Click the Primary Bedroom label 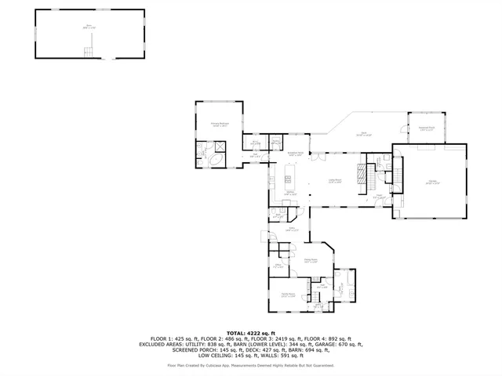pos(219,124)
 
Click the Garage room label pos(433,183)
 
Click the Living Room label pos(334,181)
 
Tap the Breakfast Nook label pos(296,154)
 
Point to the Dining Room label pos(311,260)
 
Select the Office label pos(278,266)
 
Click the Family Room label pos(288,295)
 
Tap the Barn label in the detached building pos(89,27)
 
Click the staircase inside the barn pos(89,51)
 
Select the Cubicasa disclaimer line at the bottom pos(251,365)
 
